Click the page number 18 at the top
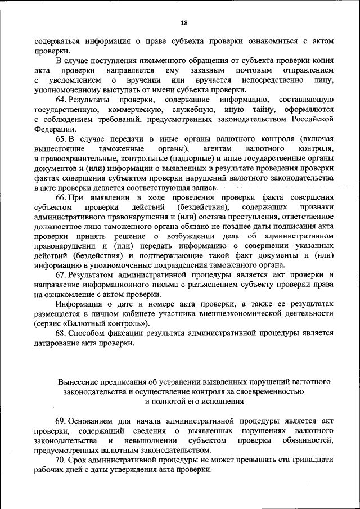pos(184,23)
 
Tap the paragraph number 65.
pos(62,139)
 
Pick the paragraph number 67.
pos(62,274)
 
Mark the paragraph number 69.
pos(62,421)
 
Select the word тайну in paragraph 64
pos(272,110)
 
